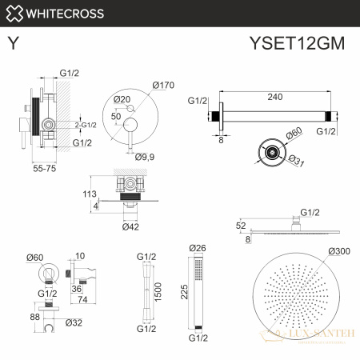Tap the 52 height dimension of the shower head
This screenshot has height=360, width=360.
[x=241, y=226]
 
